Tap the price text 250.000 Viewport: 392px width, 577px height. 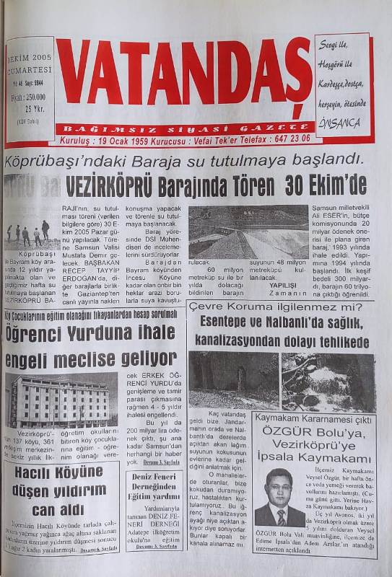[34, 97]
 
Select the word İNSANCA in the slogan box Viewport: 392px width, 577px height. [339, 123]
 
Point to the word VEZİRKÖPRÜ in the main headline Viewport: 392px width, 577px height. [108, 187]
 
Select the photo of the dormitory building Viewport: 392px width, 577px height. [61, 400]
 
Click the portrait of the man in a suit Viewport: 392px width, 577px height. [279, 497]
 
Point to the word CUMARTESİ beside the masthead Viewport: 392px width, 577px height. [30, 71]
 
